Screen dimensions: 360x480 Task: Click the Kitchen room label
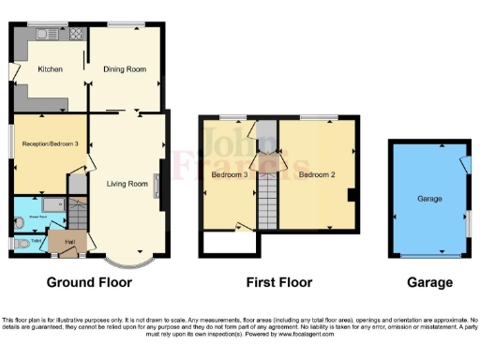click(x=49, y=69)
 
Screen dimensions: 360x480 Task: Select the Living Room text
click(x=127, y=184)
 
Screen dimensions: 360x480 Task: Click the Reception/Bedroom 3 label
click(x=49, y=143)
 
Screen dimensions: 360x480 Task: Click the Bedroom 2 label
click(x=317, y=174)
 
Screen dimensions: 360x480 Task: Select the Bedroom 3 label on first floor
click(x=230, y=174)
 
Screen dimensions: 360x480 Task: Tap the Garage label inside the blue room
click(x=430, y=200)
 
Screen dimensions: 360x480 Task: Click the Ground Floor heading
click(x=90, y=282)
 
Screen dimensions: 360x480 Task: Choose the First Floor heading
click(x=278, y=282)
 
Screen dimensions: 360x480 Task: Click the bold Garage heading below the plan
click(x=429, y=282)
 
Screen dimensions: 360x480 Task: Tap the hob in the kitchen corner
click(x=75, y=34)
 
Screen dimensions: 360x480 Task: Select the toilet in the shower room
click(x=21, y=222)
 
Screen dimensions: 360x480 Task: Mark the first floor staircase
click(x=267, y=198)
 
